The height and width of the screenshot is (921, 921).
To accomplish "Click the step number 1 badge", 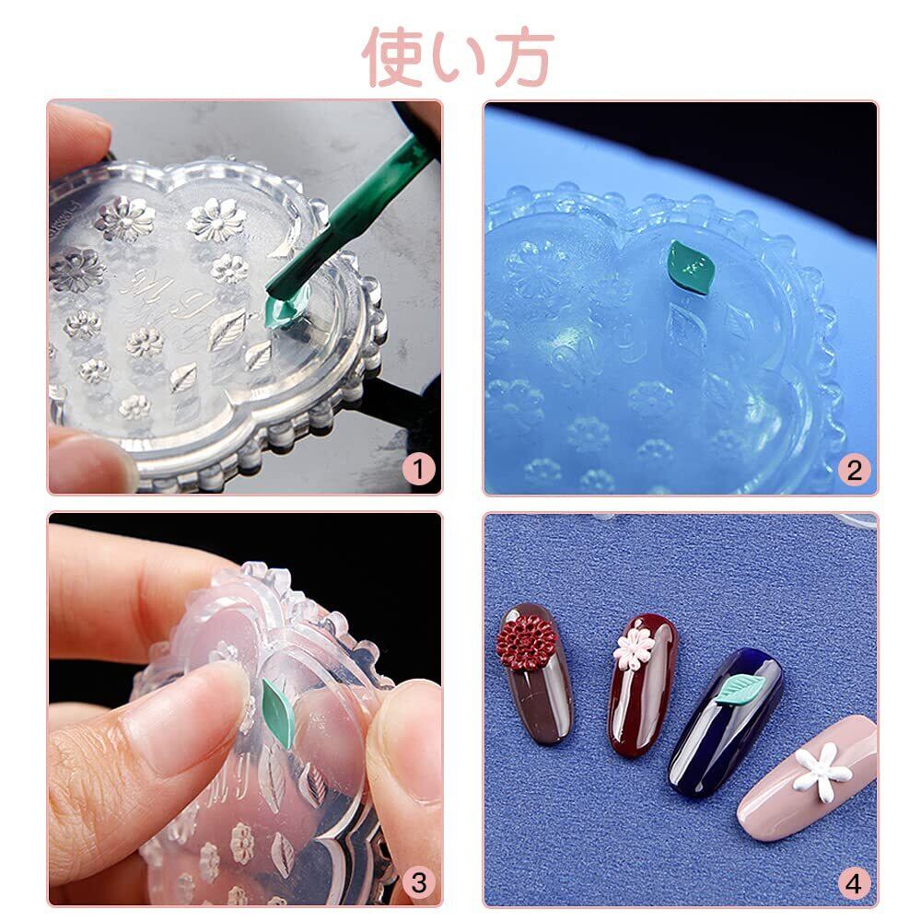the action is coord(418,470).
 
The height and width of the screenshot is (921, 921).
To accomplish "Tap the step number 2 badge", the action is coord(854,470).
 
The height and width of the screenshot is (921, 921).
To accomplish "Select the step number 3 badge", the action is coord(418,882).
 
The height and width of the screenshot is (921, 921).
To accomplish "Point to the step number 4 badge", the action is coord(854,883).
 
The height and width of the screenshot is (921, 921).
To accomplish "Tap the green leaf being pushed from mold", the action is coord(278,713).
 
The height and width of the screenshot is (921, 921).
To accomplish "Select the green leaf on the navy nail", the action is coord(740,688).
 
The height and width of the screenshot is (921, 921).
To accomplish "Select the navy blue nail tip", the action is coord(726,722).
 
